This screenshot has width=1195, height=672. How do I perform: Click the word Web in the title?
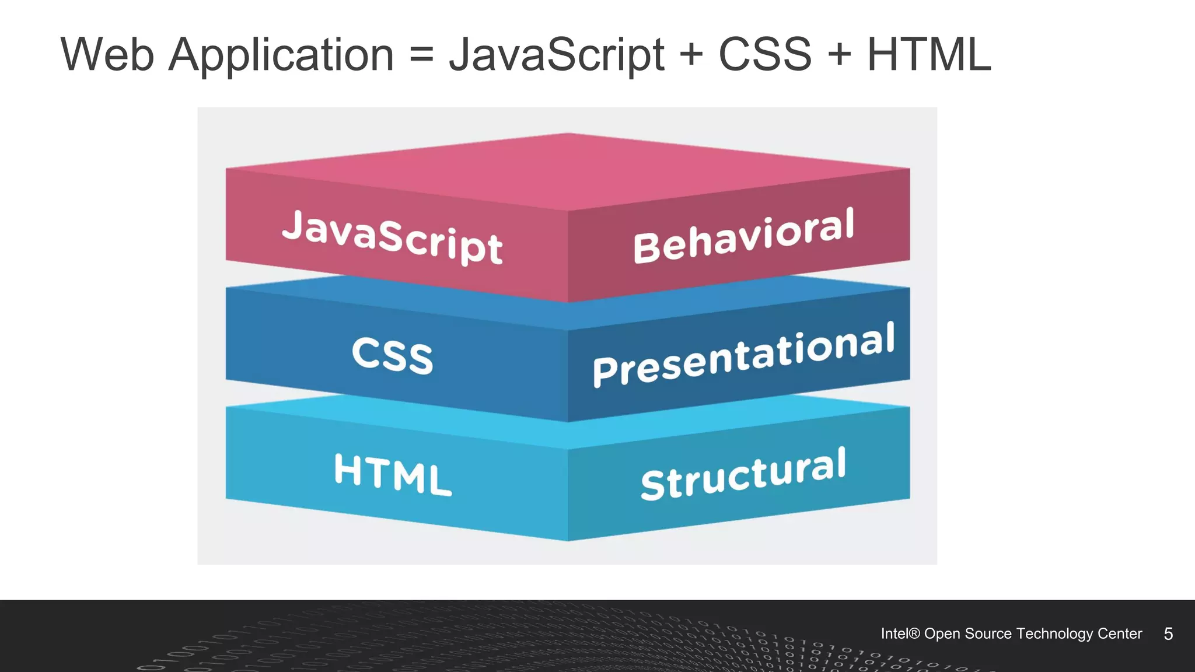coord(107,55)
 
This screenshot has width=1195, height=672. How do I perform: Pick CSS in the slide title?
coord(764,55)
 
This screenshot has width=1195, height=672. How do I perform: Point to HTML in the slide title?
coord(929,55)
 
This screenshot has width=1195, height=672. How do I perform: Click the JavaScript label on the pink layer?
coord(392,237)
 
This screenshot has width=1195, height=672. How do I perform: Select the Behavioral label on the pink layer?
coord(743,236)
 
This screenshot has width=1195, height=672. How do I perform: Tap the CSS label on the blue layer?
coord(392,355)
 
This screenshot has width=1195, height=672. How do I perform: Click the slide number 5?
coord(1168,634)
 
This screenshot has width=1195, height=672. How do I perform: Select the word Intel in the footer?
coord(894,633)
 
